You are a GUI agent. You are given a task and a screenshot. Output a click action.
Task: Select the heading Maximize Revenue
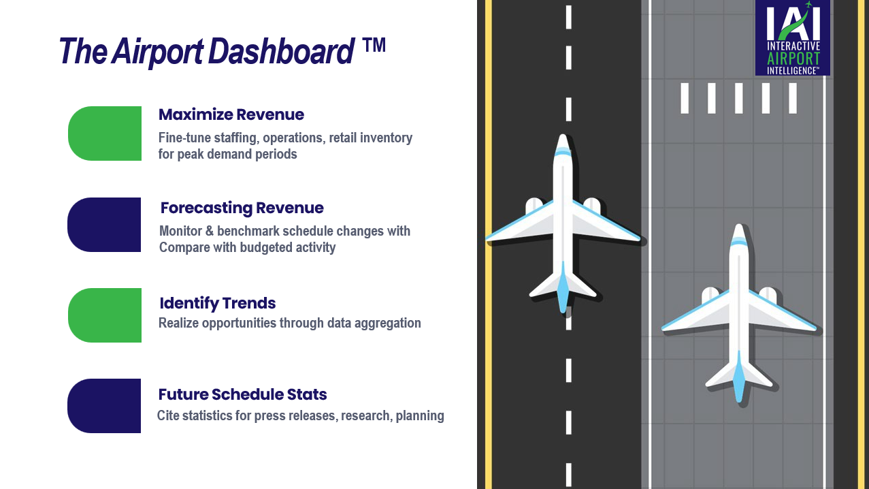231,114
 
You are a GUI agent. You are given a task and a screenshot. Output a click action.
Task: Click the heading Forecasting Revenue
242,208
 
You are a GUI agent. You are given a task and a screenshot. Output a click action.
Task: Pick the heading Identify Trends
217,303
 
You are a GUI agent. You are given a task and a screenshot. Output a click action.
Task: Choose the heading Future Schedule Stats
242,394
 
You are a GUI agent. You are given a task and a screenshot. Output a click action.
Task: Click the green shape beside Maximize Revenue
105,133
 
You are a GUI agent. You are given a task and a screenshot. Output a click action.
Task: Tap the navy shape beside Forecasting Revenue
104,225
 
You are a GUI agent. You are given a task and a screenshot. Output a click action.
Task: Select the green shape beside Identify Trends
105,315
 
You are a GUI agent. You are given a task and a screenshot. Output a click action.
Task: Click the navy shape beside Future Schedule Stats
104,406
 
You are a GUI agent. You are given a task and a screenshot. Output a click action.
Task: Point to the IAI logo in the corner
792,38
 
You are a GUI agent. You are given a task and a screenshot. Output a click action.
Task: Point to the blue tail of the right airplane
739,379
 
